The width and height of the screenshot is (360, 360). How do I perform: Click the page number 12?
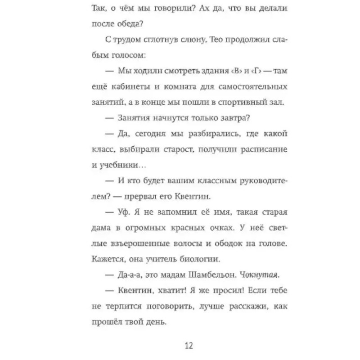coord(189,346)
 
